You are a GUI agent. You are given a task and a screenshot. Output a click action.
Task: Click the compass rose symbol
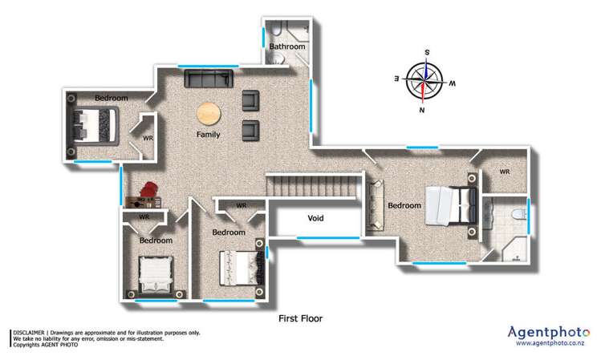click(425, 81)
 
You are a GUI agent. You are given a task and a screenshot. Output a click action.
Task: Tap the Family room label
click(209, 135)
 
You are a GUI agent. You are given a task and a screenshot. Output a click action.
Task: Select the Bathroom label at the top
click(286, 47)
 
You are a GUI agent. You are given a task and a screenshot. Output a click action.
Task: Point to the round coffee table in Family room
click(209, 113)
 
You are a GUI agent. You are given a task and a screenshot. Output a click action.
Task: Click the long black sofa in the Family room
click(209, 78)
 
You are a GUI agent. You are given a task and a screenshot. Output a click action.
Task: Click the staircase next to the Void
click(312, 189)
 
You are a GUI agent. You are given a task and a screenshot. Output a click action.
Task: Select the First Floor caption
click(300, 318)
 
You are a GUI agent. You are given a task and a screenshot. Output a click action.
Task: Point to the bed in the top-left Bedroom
click(96, 125)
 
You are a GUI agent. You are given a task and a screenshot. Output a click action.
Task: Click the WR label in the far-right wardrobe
click(505, 172)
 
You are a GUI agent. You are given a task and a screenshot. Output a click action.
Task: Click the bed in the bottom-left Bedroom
click(156, 274)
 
